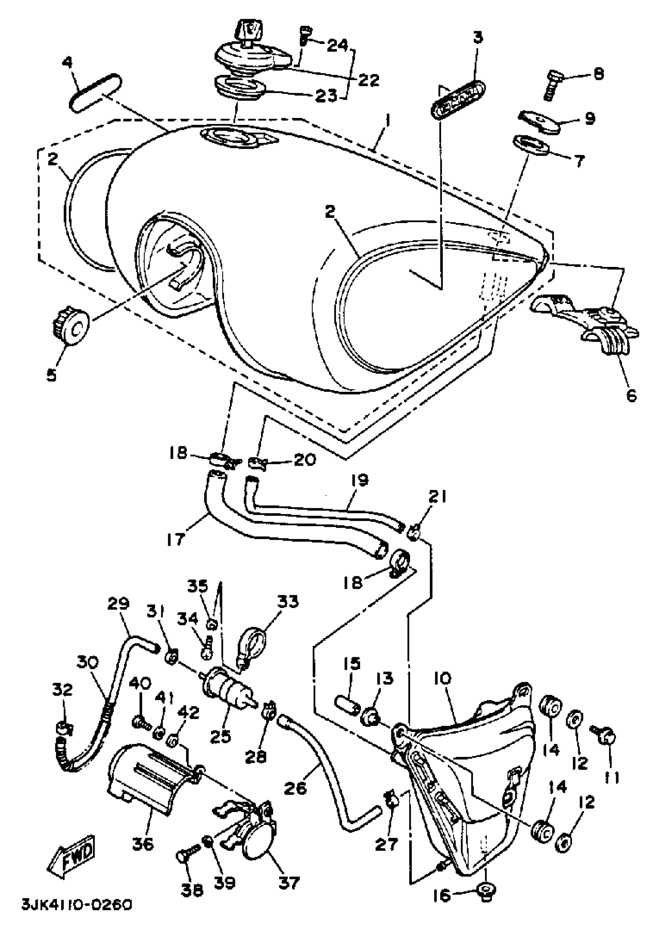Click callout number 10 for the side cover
pos(444,679)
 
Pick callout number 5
pos(51,375)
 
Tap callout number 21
pos(437,498)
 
